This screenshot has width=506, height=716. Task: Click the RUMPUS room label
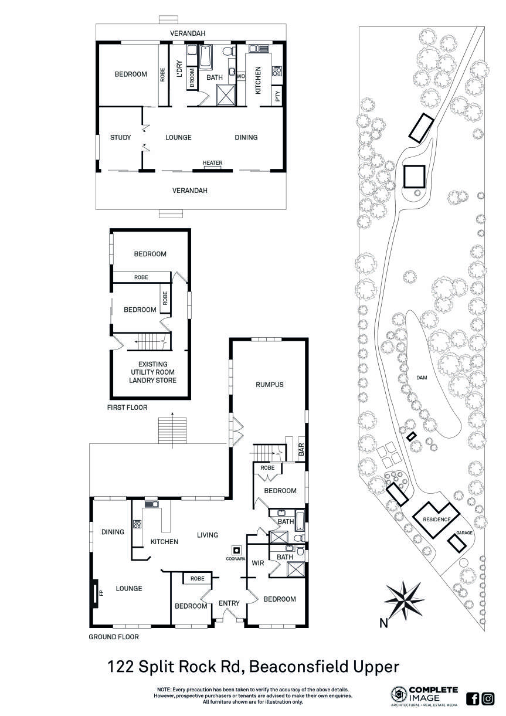pyautogui.click(x=269, y=385)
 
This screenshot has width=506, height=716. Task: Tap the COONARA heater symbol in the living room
pyautogui.click(x=236, y=551)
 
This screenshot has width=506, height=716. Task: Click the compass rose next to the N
pyautogui.click(x=405, y=599)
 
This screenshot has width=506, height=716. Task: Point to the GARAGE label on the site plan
pyautogui.click(x=464, y=533)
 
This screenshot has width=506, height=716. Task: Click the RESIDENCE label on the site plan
pyautogui.click(x=437, y=520)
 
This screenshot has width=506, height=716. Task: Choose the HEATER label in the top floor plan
pyautogui.click(x=212, y=163)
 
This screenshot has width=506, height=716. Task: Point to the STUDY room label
pyautogui.click(x=120, y=138)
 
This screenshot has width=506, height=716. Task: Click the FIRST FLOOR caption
pyautogui.click(x=127, y=407)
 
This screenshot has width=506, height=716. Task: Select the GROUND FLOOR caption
pyautogui.click(x=113, y=636)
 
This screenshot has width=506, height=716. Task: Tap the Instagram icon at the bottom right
pyautogui.click(x=488, y=698)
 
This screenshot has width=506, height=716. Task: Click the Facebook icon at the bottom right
pyautogui.click(x=473, y=698)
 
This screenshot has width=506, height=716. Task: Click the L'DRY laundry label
pyautogui.click(x=180, y=69)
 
